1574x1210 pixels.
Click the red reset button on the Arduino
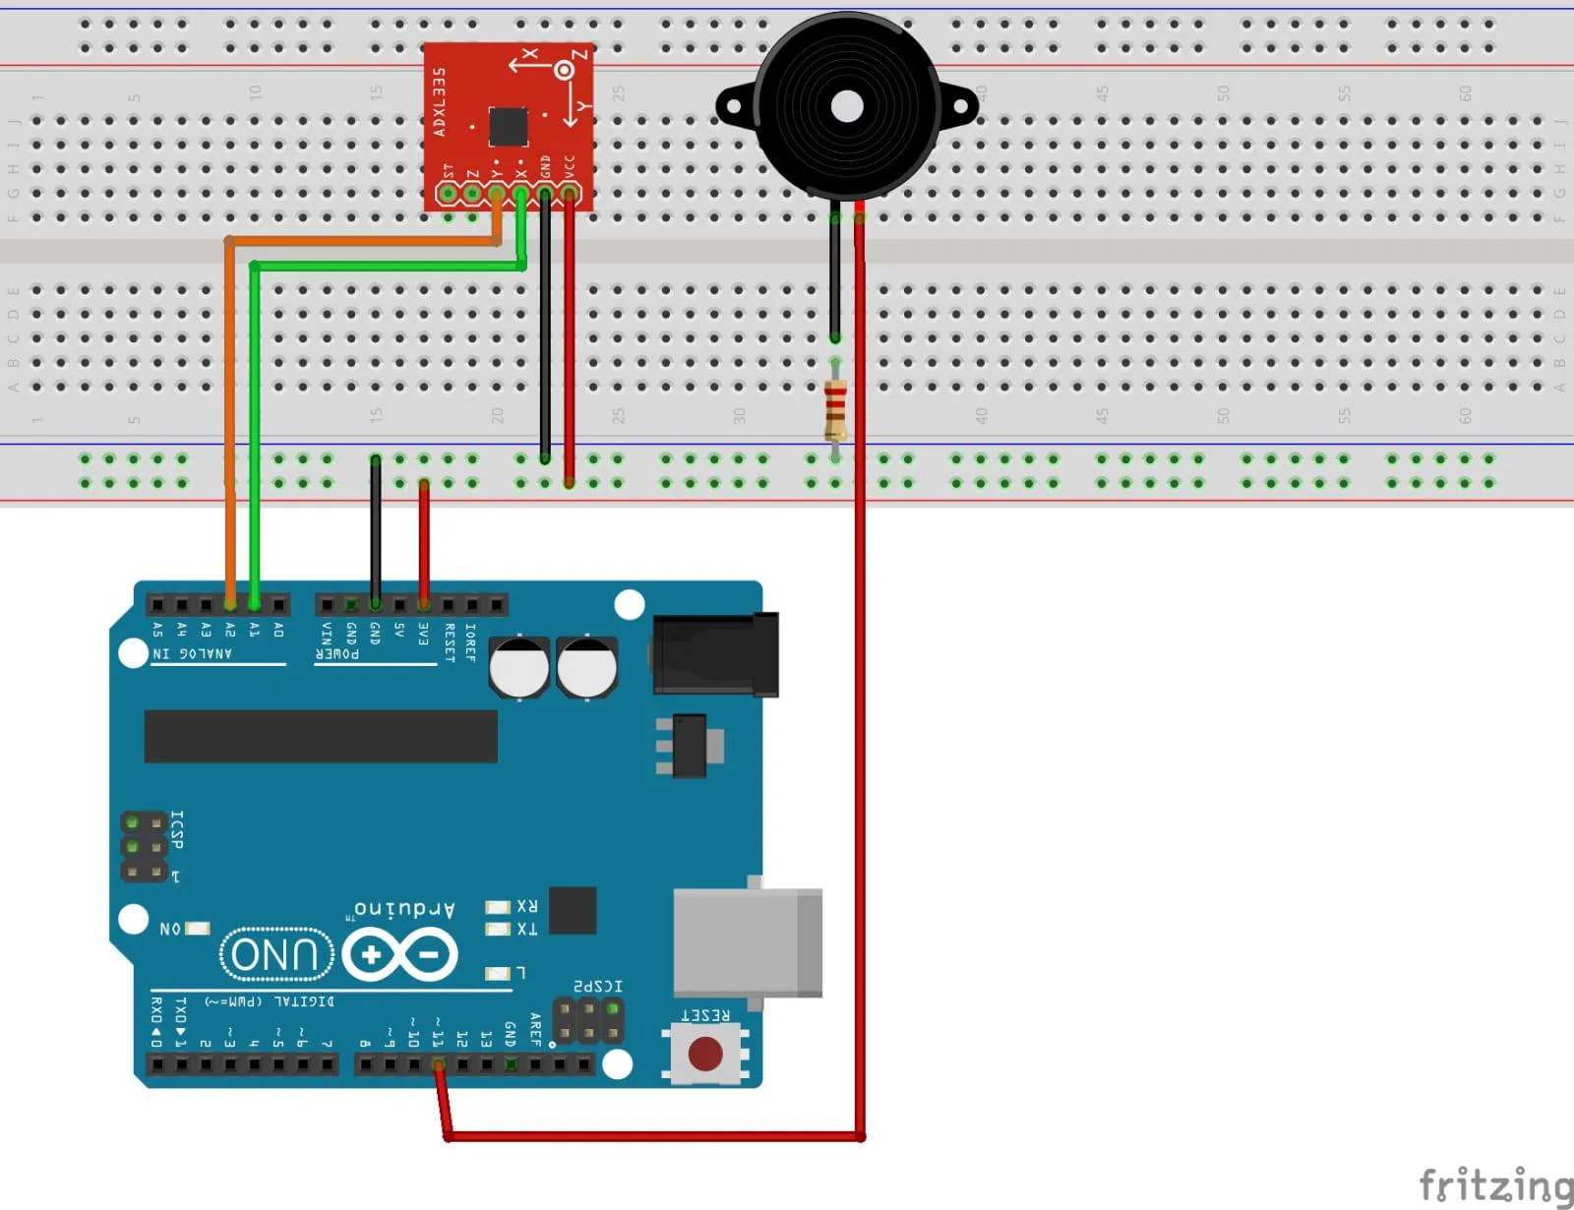click(705, 1054)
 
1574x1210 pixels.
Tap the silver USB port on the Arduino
click(747, 942)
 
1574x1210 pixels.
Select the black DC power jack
click(716, 654)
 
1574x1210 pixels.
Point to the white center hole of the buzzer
click(846, 106)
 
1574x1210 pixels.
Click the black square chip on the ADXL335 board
click(508, 127)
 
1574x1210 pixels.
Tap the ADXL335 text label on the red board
click(440, 101)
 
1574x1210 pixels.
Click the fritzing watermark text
click(1494, 1183)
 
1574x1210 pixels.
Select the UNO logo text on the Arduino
click(276, 954)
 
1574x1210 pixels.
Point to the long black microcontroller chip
click(321, 736)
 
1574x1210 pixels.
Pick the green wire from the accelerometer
click(255, 413)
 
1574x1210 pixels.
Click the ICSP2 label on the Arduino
click(597, 986)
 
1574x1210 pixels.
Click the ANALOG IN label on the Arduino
click(192, 653)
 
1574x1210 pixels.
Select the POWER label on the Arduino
click(337, 653)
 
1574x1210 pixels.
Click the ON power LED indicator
click(198, 928)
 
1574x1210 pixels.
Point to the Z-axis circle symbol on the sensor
click(564, 70)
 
